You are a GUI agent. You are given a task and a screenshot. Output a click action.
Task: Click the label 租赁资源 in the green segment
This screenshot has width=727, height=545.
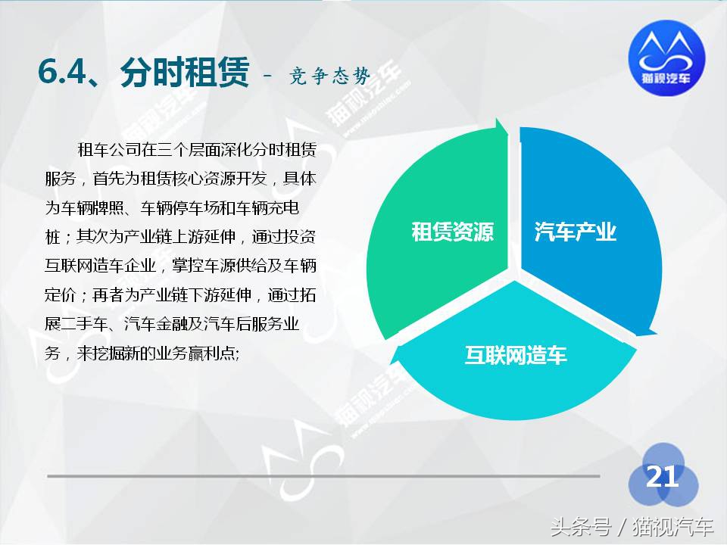pos(452,232)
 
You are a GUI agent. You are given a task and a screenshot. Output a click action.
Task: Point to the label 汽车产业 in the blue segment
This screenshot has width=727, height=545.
pos(576,232)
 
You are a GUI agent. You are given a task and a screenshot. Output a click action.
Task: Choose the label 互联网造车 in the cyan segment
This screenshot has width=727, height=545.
pos(515,355)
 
